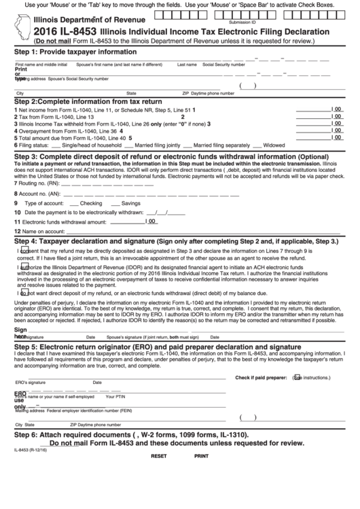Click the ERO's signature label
(30, 383)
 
